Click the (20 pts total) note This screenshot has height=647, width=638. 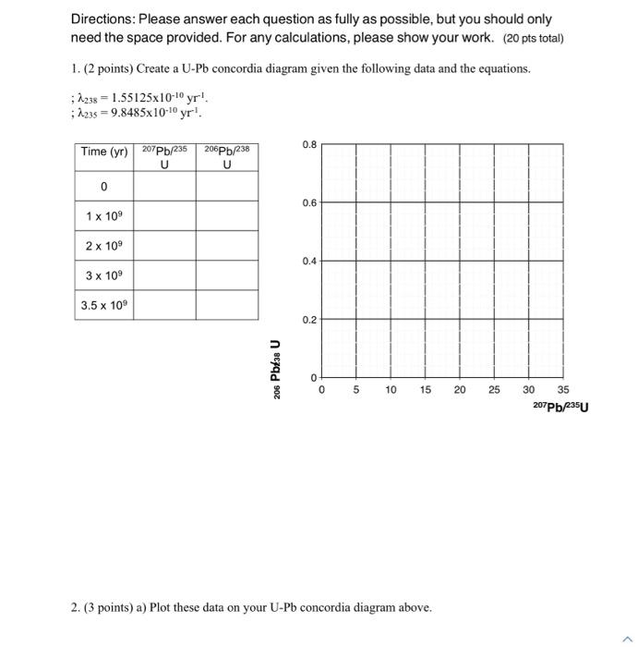click(534, 38)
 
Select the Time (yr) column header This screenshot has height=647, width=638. click(103, 152)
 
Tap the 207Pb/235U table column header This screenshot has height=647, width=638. click(164, 157)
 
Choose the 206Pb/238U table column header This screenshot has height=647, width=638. click(226, 157)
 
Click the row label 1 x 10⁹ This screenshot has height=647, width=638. click(103, 216)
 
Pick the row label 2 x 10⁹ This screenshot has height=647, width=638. click(103, 246)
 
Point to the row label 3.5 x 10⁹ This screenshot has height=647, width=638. click(103, 305)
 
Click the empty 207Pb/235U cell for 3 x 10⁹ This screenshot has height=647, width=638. click(164, 275)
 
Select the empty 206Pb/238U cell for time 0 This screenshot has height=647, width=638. click(226, 187)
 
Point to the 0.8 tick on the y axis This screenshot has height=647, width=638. click(310, 144)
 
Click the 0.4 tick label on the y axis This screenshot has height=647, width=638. click(310, 262)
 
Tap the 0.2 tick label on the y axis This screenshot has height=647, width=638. click(310, 320)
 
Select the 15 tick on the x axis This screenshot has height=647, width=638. click(425, 390)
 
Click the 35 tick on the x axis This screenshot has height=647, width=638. click(563, 390)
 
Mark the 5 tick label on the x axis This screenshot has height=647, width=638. click(355, 390)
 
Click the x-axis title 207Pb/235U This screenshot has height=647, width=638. click(560, 406)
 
